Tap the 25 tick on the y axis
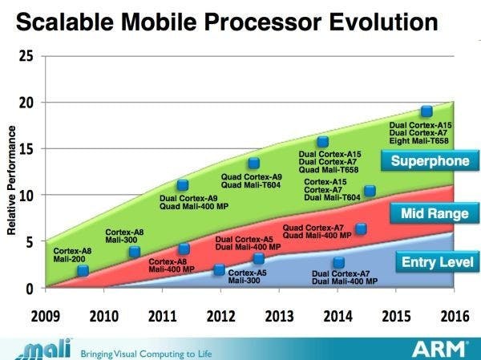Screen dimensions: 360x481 click(x=26, y=56)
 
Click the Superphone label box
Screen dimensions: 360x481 click(x=429, y=162)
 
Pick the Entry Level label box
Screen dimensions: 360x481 click(x=436, y=261)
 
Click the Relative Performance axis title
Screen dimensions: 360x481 click(x=11, y=185)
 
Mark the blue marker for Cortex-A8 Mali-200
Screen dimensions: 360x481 click(x=83, y=271)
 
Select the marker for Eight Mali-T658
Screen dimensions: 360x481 click(x=427, y=111)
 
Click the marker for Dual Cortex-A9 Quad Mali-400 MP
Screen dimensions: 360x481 click(x=183, y=185)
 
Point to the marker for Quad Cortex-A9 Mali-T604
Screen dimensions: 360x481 click(x=253, y=164)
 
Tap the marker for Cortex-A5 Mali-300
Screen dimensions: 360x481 click(x=258, y=259)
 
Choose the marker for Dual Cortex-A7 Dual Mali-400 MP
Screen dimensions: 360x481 click(x=338, y=263)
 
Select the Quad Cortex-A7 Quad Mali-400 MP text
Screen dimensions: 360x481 click(x=317, y=232)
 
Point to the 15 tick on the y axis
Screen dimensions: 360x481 click(x=26, y=148)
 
